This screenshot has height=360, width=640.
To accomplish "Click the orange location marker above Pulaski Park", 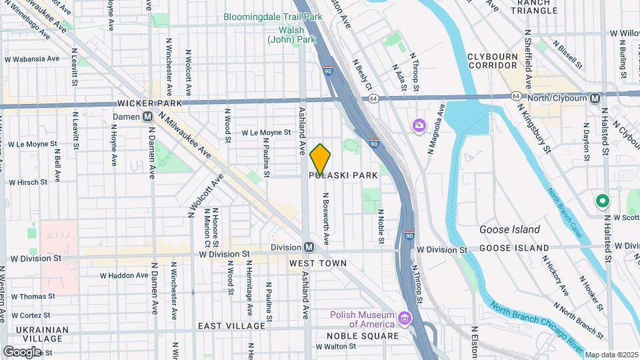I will pyautogui.click(x=321, y=159).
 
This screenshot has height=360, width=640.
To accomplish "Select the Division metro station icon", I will pyautogui.click(x=309, y=247).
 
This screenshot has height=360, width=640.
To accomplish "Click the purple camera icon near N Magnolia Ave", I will pyautogui.click(x=419, y=125).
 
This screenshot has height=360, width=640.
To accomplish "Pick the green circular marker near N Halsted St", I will pyautogui.click(x=602, y=200).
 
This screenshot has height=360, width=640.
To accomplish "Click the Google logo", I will pyautogui.click(x=22, y=351).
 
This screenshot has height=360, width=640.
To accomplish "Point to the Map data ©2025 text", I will pyautogui.click(x=611, y=355).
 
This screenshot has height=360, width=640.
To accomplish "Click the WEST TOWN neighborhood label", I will pyautogui.click(x=318, y=263).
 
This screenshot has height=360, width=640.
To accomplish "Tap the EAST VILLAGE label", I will pyautogui.click(x=231, y=326).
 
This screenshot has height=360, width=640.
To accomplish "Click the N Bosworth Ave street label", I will pyautogui.click(x=326, y=219).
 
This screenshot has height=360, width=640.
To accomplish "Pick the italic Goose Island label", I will pyautogui.click(x=509, y=229).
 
